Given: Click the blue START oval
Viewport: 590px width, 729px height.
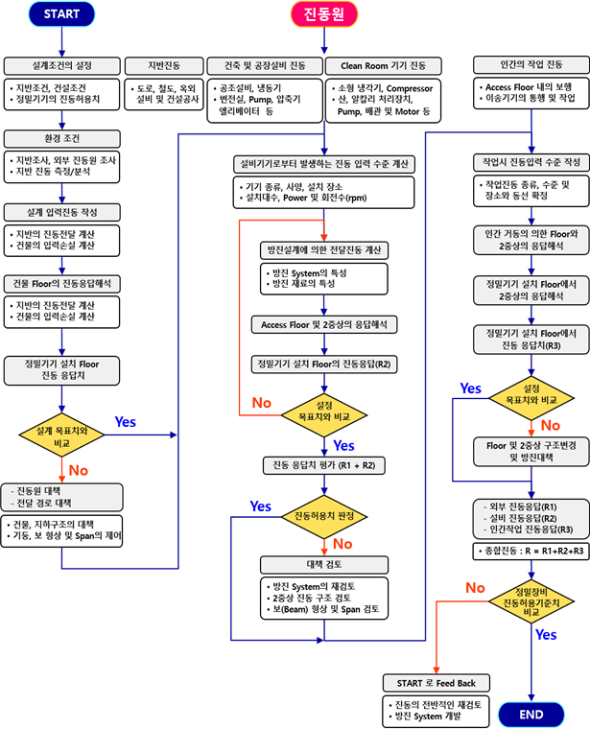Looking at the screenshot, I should (x=62, y=14).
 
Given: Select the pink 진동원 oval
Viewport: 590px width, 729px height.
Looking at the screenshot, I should (x=323, y=14).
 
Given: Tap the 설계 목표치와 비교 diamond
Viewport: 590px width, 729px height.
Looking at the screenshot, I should (x=61, y=437).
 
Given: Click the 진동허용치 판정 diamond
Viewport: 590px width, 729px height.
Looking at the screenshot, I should (x=322, y=517).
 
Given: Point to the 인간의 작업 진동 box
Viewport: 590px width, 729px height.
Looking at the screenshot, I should (x=526, y=66).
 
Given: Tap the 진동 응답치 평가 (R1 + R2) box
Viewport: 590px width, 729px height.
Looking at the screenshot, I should (x=322, y=466).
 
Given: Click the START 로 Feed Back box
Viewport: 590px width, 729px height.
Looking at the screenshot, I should (x=436, y=683).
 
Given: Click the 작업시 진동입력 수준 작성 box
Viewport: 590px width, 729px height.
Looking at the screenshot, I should (x=526, y=162).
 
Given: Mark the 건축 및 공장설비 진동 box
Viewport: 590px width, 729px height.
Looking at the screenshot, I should (x=265, y=66).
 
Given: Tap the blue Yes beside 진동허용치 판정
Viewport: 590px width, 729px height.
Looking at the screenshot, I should (x=260, y=506).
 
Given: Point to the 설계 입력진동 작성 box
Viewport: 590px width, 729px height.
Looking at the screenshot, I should (x=61, y=211).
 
